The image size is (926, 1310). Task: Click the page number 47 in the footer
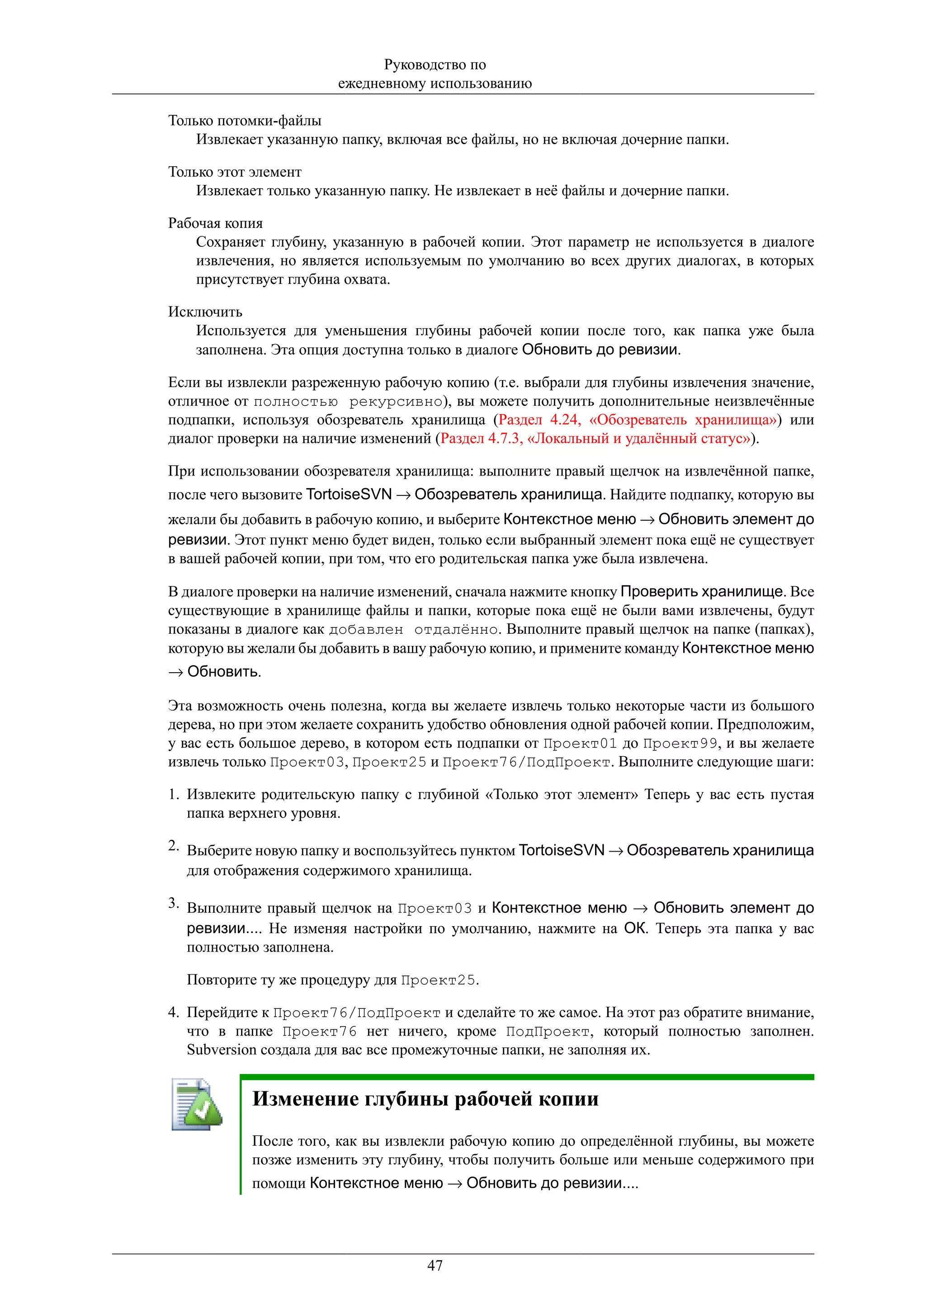435,1266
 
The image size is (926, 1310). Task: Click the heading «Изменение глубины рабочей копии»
425,1098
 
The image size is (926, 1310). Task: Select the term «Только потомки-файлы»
244,120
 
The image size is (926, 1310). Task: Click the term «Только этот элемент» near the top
235,172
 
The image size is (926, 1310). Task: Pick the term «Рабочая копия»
215,223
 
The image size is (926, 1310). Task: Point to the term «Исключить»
205,311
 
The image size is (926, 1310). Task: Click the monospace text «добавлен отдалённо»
414,630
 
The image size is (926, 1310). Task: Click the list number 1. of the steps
174,795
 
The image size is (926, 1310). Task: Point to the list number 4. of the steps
174,1013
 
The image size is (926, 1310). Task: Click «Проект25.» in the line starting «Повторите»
439,980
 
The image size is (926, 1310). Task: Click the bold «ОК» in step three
634,928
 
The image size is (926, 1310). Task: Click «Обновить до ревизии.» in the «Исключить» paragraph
601,349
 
